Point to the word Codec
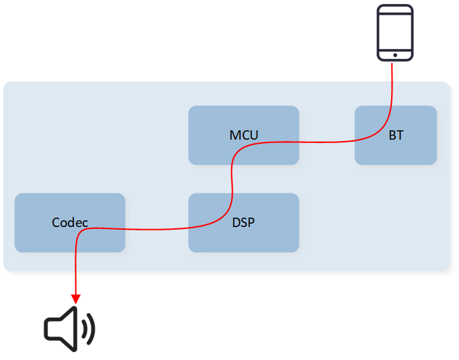[x=70, y=222]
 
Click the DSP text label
[x=243, y=222]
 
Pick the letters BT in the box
[x=396, y=135]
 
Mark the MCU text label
[x=243, y=135]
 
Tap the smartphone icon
[x=394, y=32]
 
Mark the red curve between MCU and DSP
[x=232, y=178]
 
